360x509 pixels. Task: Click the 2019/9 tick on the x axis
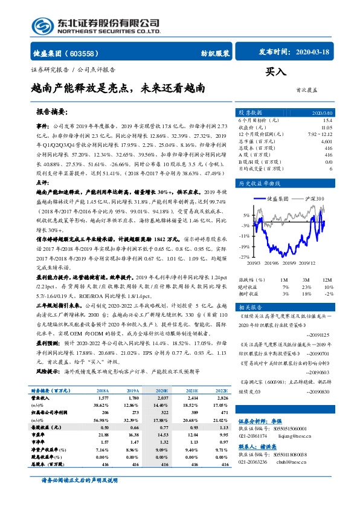292,262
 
